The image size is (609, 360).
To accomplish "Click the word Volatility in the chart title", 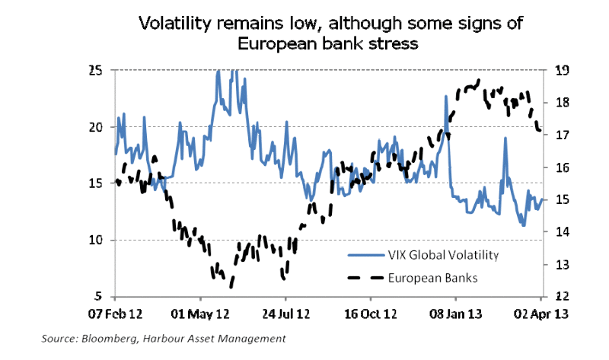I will [x=178, y=24].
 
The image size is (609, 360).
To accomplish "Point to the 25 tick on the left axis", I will [x=96, y=71].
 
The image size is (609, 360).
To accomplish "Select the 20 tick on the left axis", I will [x=96, y=127].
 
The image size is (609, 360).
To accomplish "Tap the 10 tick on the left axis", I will [x=96, y=240].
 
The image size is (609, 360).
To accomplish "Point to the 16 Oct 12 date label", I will [x=371, y=314].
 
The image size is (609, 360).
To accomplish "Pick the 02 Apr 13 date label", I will [x=539, y=314].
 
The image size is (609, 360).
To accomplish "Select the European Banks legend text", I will [x=431, y=278].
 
